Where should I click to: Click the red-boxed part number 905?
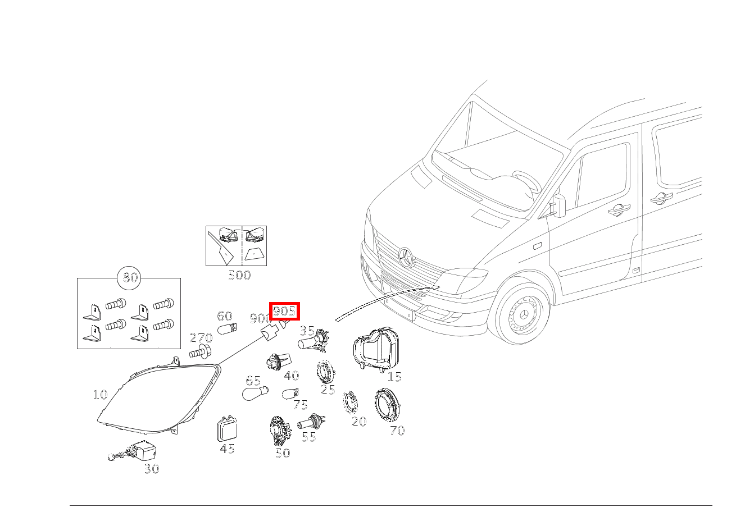[284, 311]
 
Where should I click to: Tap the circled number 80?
[130, 277]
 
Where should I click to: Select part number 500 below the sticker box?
[239, 275]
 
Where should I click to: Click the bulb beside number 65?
[255, 393]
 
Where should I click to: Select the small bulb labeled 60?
[227, 328]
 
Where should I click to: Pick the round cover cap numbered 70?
[387, 406]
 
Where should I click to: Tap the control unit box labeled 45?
[227, 431]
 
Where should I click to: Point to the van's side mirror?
[560, 206]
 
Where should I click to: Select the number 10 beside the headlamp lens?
[100, 395]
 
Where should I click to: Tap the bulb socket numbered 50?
[280, 430]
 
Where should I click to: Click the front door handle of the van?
[619, 209]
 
